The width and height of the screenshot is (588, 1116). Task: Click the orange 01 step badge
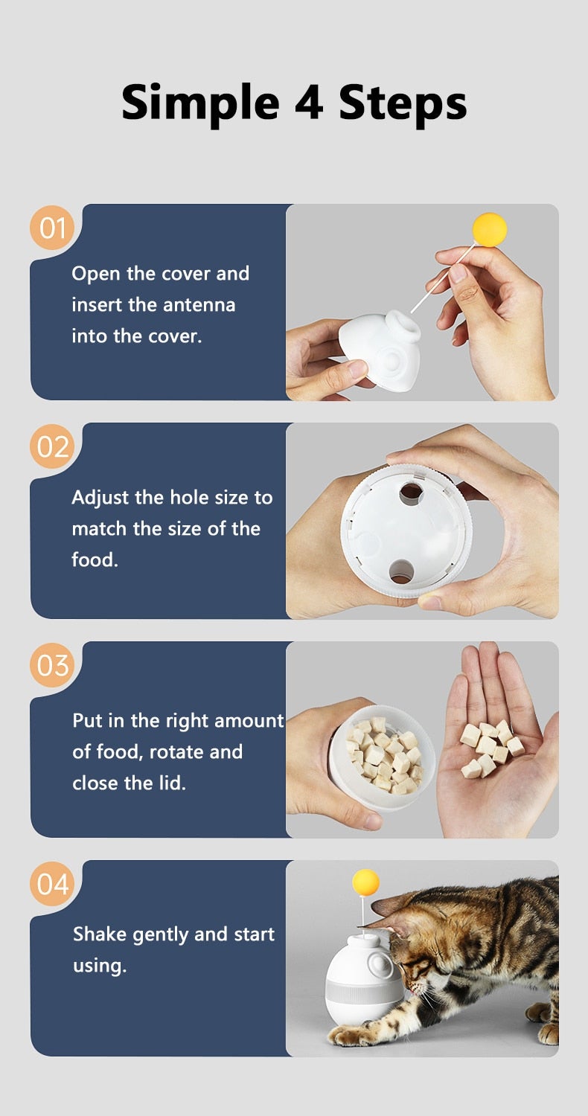[x=52, y=228]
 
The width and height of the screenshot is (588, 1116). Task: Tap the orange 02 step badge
[x=52, y=446]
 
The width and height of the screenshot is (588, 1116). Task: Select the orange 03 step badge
[x=52, y=665]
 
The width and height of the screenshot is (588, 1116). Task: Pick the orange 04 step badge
[x=52, y=884]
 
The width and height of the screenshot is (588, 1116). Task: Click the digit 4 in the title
[x=310, y=103]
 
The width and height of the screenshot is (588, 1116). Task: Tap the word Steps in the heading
[x=403, y=105]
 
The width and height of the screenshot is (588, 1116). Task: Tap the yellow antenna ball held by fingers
[x=489, y=230]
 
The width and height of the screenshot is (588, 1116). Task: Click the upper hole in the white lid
[x=411, y=493]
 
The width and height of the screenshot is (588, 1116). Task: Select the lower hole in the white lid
[x=401, y=571]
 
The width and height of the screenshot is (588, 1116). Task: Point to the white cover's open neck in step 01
[x=403, y=324]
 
